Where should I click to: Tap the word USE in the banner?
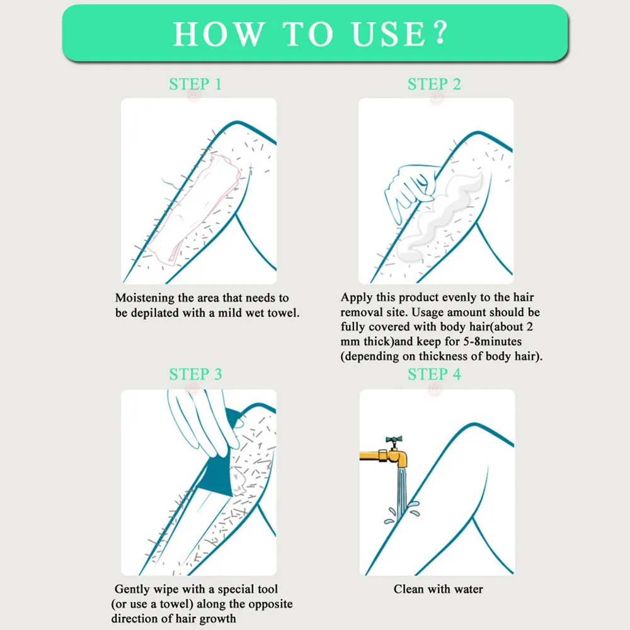click(x=387, y=34)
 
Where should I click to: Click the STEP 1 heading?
click(x=195, y=84)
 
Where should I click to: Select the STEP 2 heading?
click(x=434, y=84)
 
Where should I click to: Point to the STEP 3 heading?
click(x=195, y=374)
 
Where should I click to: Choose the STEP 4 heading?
click(x=434, y=374)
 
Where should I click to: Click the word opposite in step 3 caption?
click(x=270, y=604)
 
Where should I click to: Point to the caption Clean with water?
click(x=438, y=589)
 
